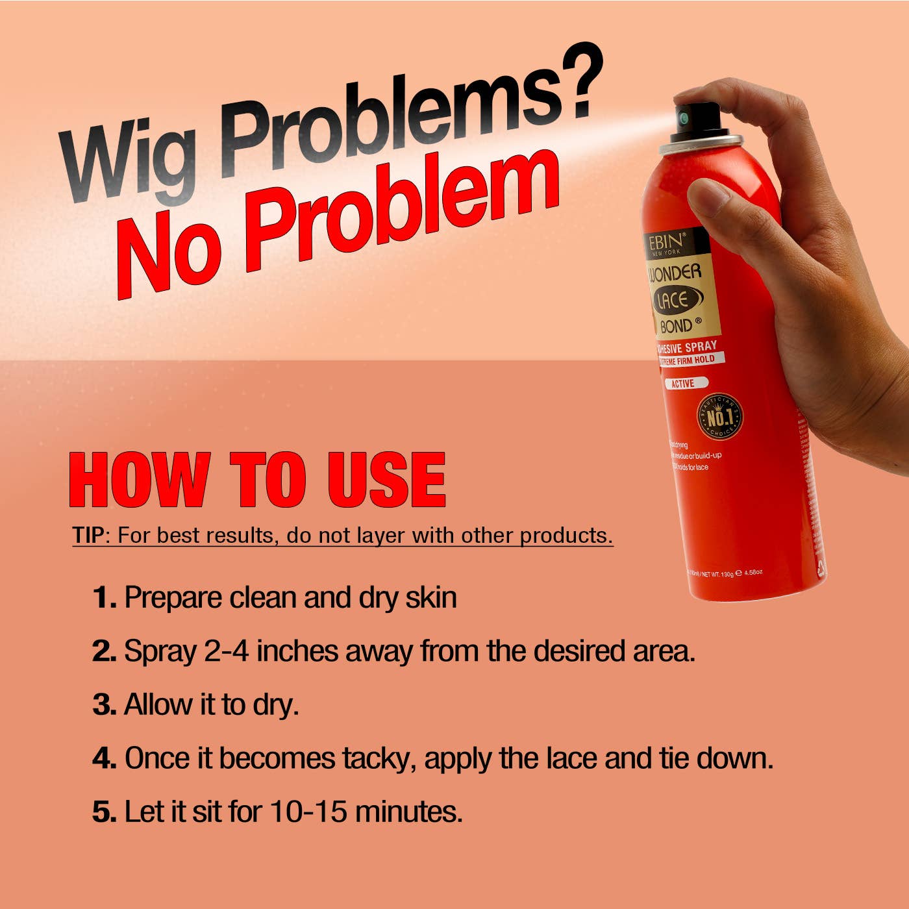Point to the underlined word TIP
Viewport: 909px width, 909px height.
click(x=88, y=536)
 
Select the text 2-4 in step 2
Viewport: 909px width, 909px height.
click(x=227, y=651)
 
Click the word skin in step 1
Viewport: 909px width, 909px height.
click(x=431, y=597)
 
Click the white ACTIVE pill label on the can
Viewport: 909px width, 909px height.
click(x=683, y=384)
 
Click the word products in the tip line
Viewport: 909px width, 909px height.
click(x=566, y=536)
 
